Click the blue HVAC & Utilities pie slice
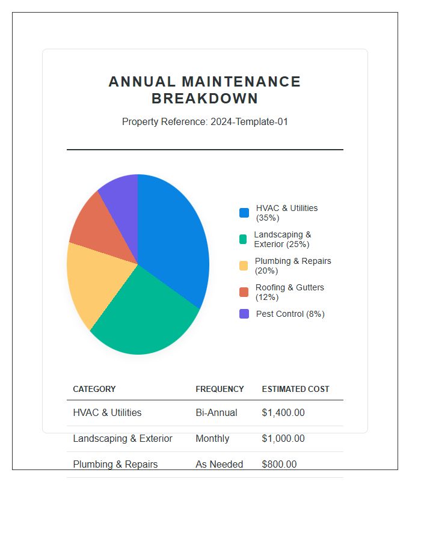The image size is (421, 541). [174, 240]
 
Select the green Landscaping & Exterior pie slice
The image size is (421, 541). [147, 313]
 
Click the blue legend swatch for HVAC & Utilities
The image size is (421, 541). [244, 213]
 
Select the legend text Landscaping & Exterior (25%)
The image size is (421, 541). [282, 239]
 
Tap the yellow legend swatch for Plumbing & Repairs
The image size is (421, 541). [244, 266]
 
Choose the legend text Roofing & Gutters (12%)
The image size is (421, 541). [289, 292]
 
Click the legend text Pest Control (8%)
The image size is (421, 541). [290, 314]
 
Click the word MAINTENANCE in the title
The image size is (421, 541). [241, 82]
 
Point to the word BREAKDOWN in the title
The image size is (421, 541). [204, 99]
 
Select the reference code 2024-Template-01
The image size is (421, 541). [249, 121]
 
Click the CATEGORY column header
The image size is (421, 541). [94, 389]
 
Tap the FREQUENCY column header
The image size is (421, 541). [220, 389]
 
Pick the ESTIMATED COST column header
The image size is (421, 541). [295, 389]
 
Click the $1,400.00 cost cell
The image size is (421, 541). [283, 413]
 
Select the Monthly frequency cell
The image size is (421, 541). [212, 439]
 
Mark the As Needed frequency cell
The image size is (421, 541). [219, 465]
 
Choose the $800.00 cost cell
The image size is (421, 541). [279, 465]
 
